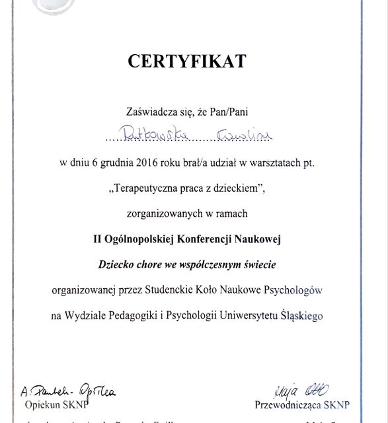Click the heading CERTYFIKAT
(x=186, y=61)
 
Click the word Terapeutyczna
(x=144, y=189)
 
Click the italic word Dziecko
(x=116, y=264)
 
